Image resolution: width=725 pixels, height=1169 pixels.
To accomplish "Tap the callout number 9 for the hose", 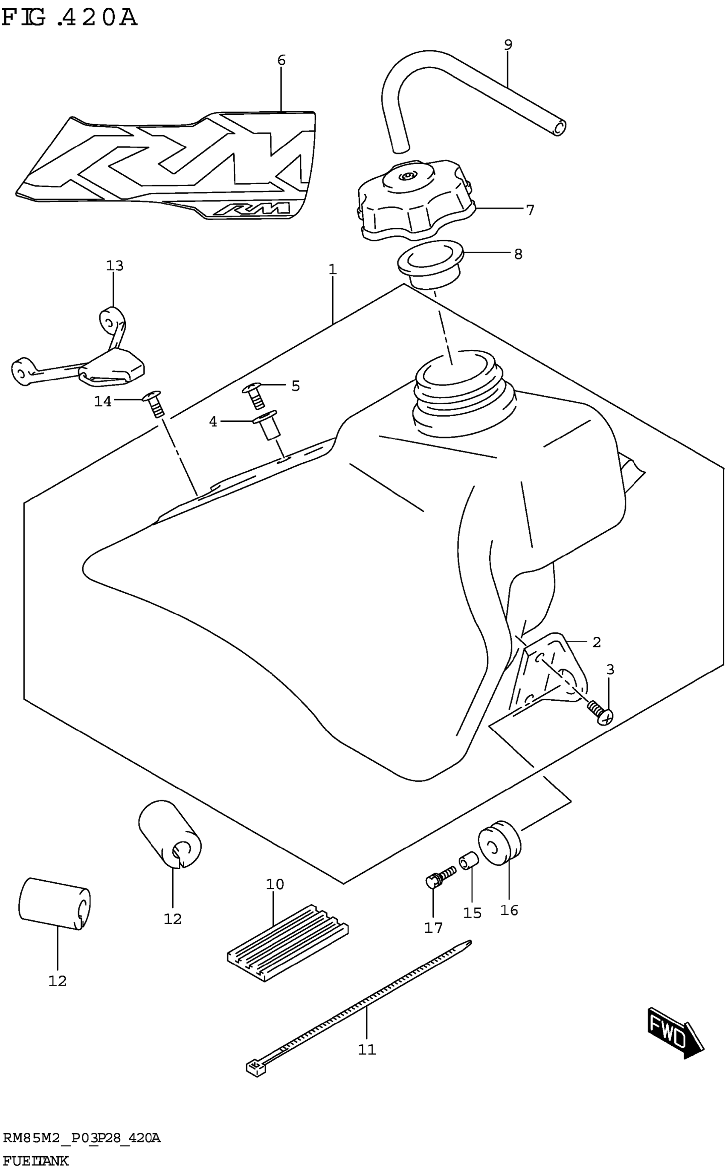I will click(x=508, y=45).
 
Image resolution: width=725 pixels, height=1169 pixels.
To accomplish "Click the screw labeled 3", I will click(x=601, y=713).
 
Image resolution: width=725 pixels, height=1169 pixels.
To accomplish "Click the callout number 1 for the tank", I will click(x=333, y=270).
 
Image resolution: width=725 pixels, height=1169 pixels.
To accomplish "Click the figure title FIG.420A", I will click(x=70, y=18).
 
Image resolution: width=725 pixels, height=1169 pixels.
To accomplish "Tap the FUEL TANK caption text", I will click(x=35, y=1161).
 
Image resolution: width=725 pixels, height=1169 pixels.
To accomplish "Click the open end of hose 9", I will click(x=559, y=128).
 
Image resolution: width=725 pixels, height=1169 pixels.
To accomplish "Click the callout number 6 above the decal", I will click(x=281, y=61).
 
